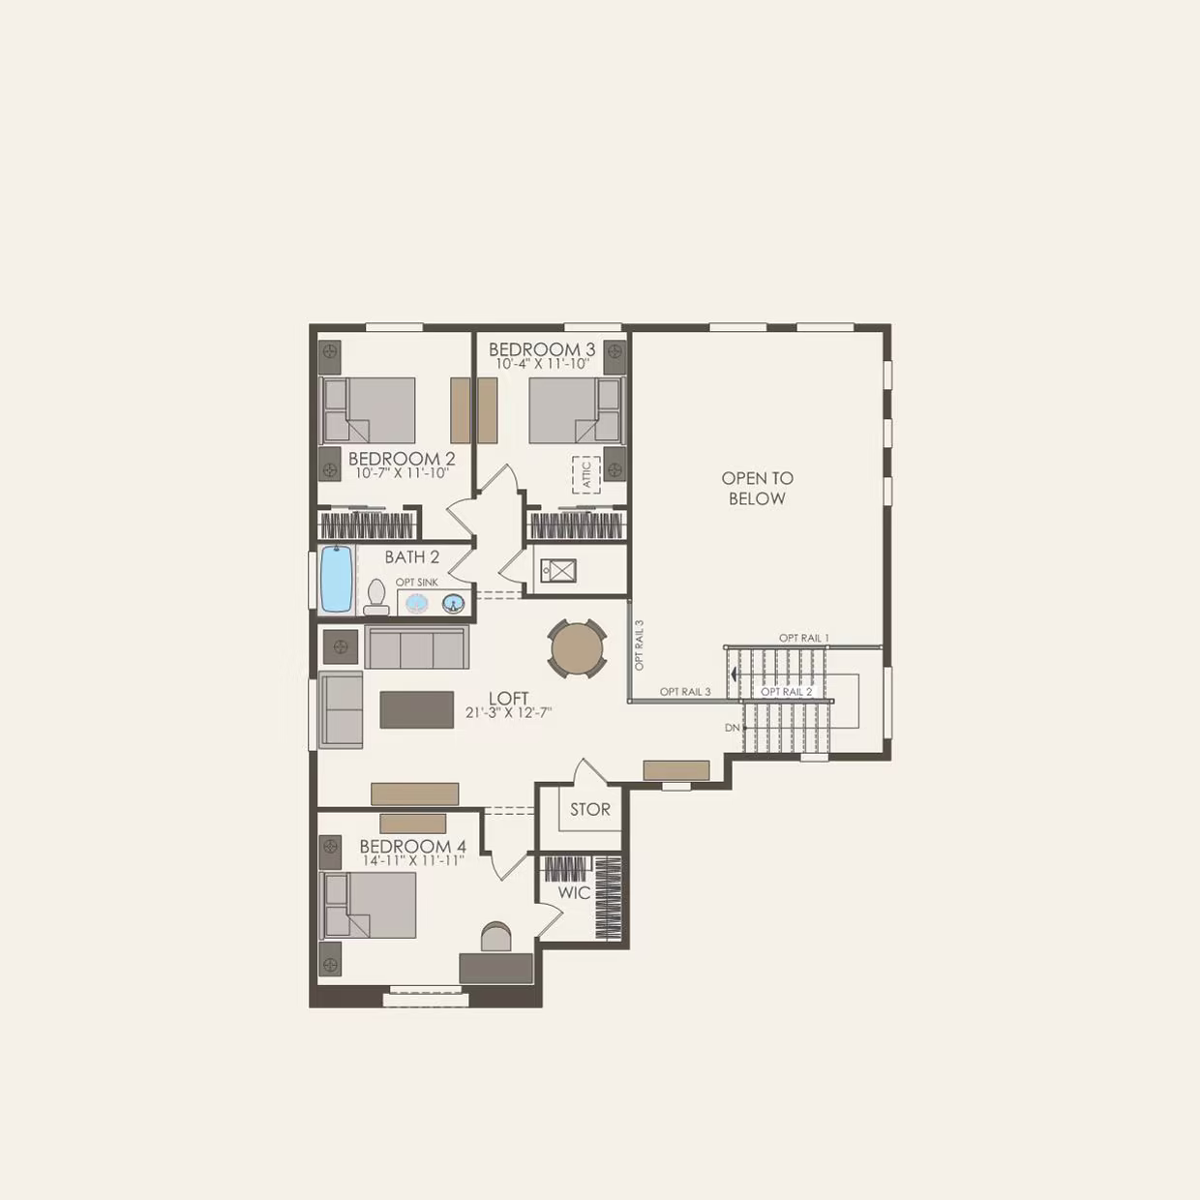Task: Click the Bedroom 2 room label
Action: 402,459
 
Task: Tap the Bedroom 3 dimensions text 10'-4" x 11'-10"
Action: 542,364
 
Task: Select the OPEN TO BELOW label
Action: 757,488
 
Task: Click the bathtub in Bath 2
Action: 336,579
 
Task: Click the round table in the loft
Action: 578,648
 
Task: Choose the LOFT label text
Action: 509,698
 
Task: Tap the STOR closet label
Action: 589,809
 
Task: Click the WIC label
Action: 574,892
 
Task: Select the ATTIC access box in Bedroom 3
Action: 585,474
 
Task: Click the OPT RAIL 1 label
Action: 804,638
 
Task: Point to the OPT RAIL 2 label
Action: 787,691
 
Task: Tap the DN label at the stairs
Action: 733,727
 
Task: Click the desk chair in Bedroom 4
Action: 495,937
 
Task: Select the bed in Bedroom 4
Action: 370,905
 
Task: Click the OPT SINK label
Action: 417,582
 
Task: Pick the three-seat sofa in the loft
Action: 417,647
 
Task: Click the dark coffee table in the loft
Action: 417,709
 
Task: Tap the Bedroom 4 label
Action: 412,846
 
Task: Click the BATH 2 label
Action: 412,556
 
